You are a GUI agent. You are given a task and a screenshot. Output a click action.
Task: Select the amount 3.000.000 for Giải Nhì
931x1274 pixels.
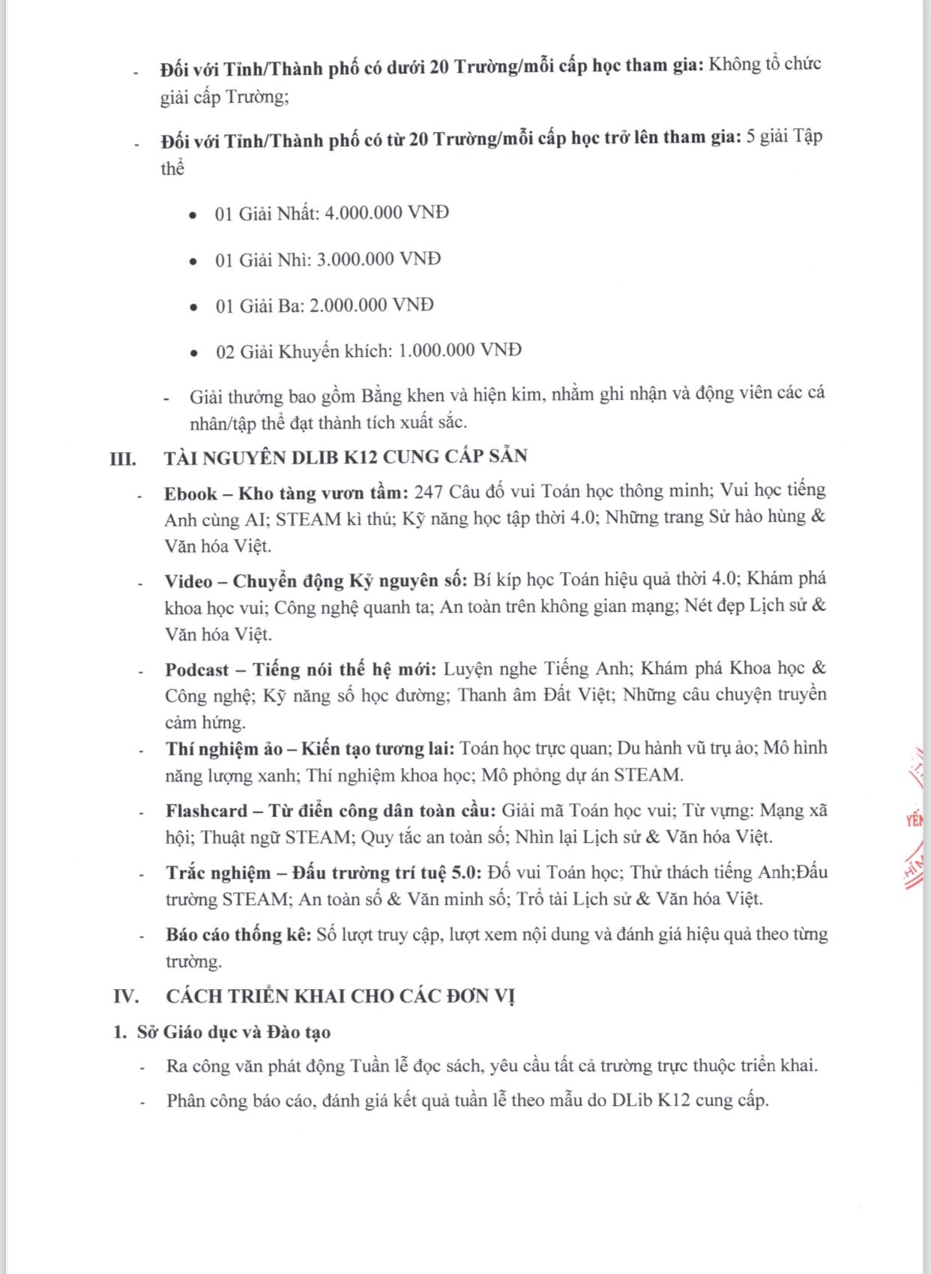pos(355,259)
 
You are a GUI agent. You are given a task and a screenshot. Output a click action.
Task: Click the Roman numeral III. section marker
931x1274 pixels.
pos(123,458)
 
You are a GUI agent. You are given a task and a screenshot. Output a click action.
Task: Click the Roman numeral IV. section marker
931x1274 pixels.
pos(127,996)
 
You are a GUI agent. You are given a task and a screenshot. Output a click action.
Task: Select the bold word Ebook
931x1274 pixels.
pos(190,493)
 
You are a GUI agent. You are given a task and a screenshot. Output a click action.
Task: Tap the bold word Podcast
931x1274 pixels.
pos(197,670)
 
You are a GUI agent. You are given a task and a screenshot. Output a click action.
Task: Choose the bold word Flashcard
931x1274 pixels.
pos(206,811)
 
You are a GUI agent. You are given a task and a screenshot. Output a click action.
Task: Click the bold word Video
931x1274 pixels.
pos(188,581)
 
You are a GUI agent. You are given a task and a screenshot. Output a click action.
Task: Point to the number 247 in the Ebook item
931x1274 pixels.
pos(428,491)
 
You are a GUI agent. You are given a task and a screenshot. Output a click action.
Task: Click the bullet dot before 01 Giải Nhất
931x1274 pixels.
pos(193,215)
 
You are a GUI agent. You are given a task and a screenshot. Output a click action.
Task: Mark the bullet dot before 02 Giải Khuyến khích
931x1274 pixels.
pos(194,352)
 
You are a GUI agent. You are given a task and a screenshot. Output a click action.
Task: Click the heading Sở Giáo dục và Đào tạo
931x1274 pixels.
pos(233,1032)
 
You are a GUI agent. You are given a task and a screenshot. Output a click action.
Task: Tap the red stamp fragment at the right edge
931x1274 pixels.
pos(914,821)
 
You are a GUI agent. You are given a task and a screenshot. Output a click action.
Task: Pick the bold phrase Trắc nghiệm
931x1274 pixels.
pos(218,873)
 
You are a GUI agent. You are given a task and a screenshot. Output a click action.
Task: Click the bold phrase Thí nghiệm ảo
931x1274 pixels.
pos(223,748)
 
